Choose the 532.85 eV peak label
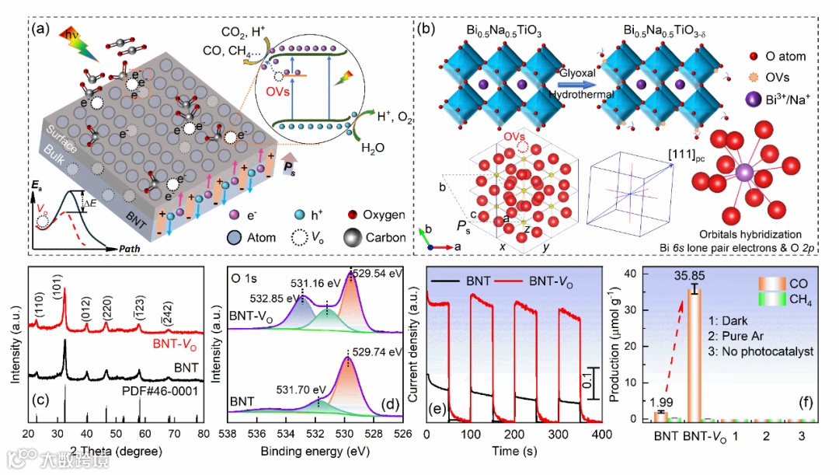point(277,298)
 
